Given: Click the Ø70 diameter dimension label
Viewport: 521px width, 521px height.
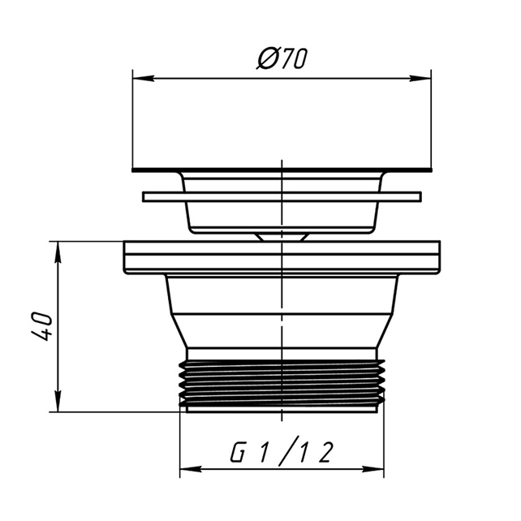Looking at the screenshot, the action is (282, 58).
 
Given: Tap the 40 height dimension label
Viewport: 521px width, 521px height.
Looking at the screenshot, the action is (42, 326).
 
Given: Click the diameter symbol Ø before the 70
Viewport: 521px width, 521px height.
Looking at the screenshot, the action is (267, 58).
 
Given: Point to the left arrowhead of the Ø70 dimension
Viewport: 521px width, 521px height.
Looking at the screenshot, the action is (143, 79).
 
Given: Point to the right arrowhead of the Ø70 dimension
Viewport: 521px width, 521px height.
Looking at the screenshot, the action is (420, 79).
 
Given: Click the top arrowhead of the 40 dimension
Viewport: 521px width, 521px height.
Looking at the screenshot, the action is (58, 252).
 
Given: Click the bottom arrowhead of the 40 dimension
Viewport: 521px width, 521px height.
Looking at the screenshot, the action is (58, 401).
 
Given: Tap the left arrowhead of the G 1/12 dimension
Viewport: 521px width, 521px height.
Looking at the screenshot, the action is (191, 470).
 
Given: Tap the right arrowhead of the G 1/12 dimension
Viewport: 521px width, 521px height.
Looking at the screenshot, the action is (372, 470).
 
